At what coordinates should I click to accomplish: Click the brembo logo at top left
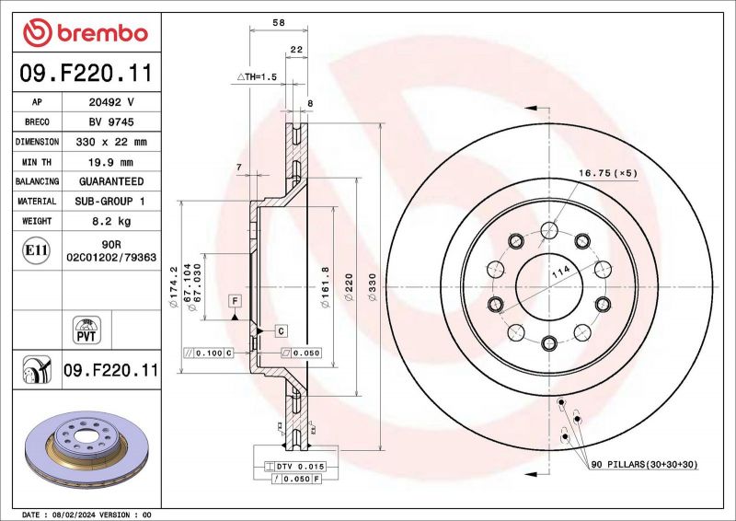(85, 33)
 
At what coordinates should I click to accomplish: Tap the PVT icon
(86, 329)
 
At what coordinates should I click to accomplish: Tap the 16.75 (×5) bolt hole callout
(607, 172)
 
